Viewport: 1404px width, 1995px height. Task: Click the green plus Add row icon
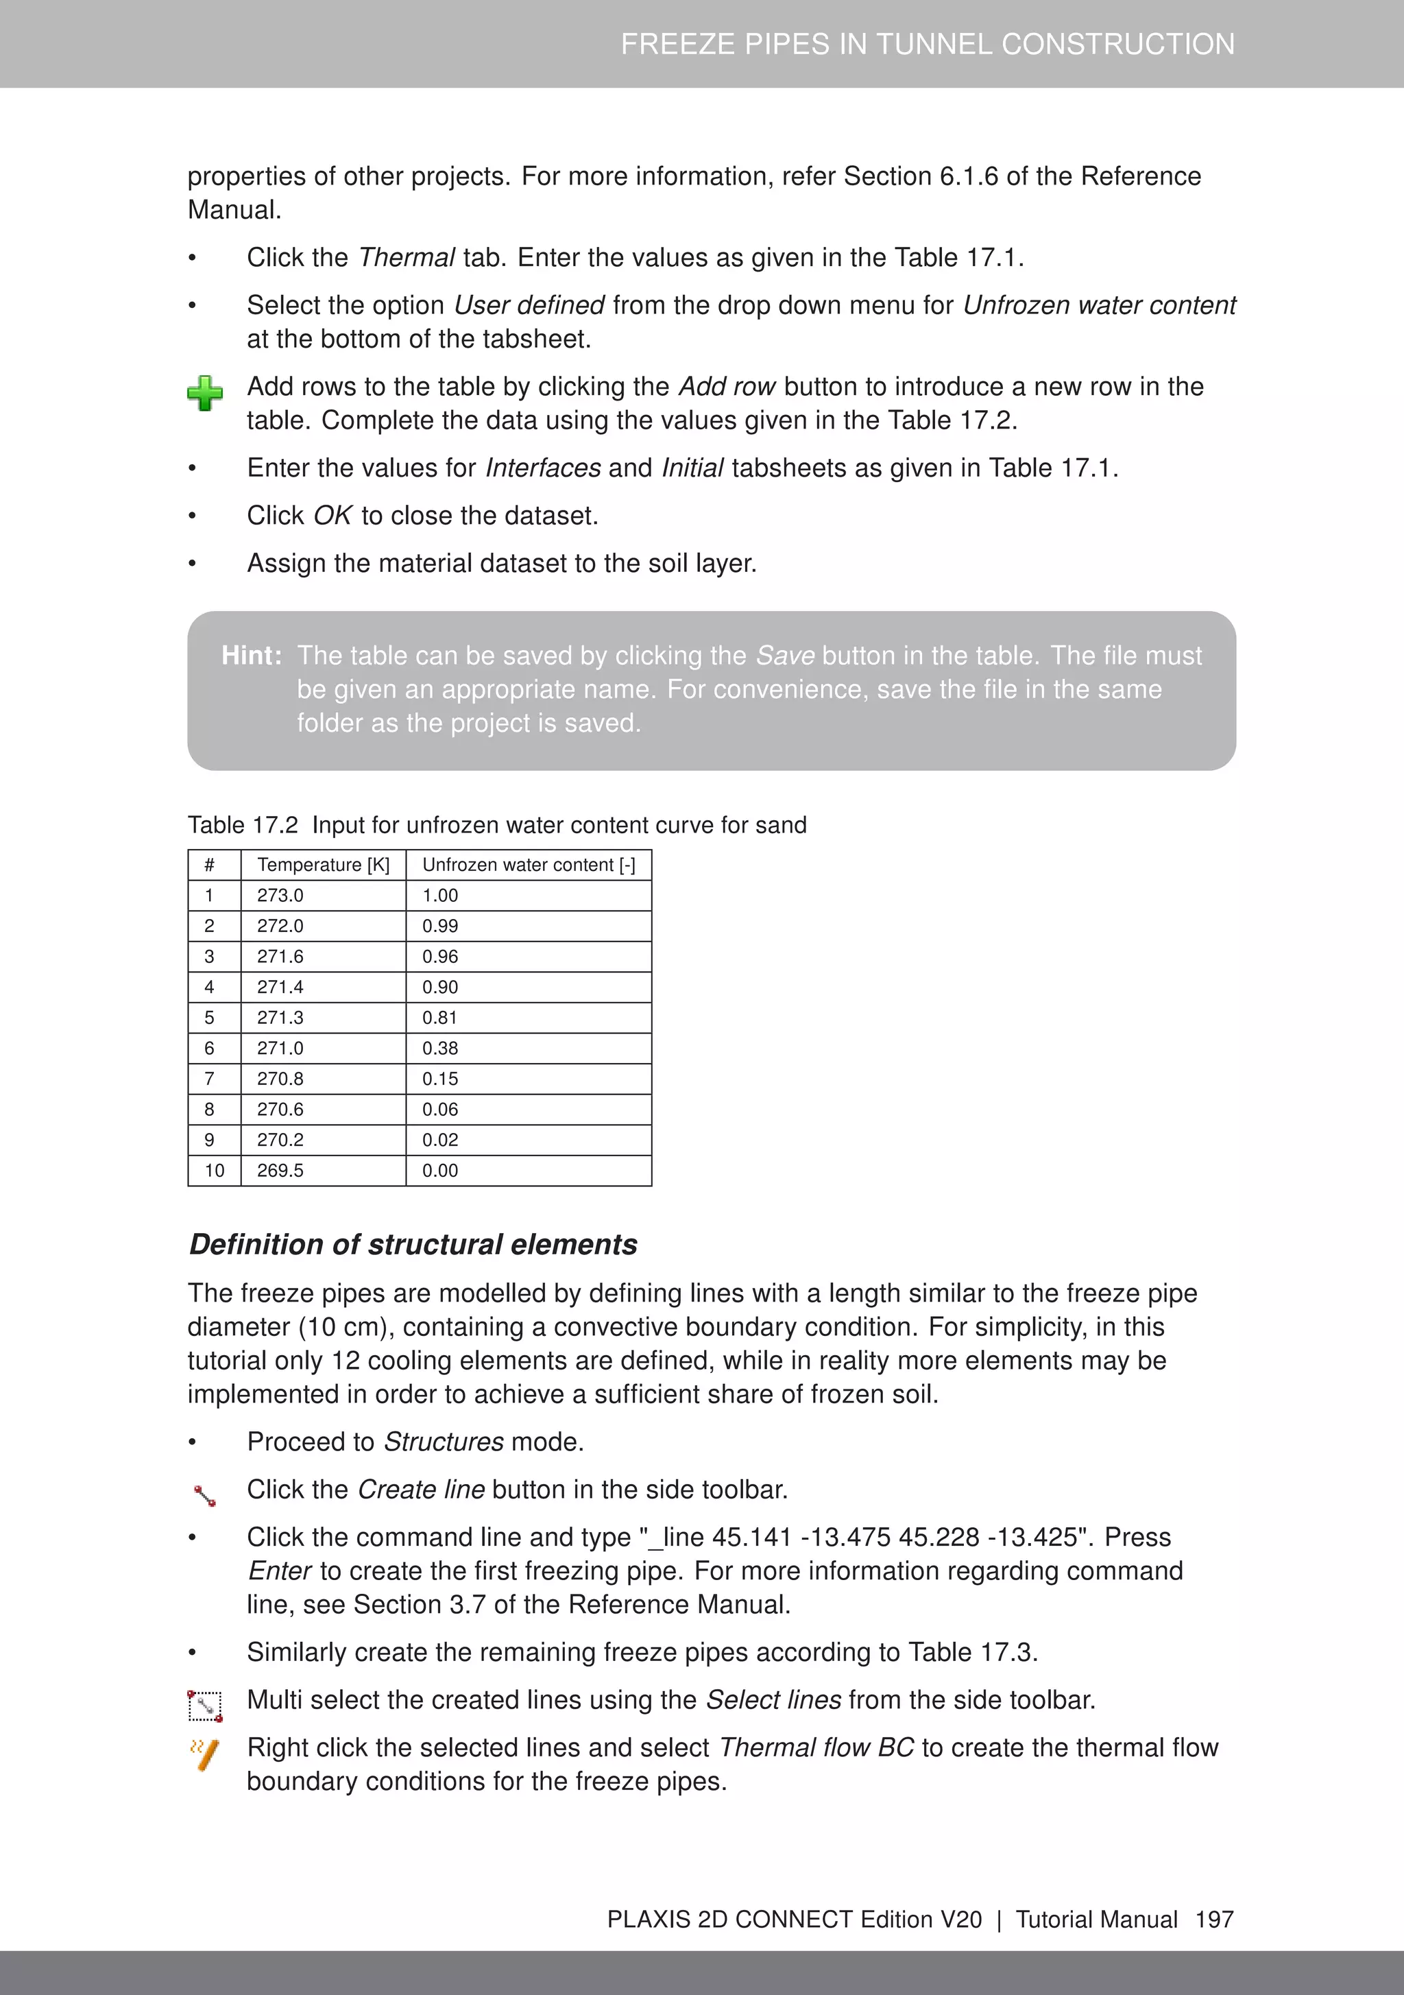(x=205, y=394)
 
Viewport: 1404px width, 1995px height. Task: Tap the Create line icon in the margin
(x=205, y=1495)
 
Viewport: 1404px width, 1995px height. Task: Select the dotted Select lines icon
(x=205, y=1706)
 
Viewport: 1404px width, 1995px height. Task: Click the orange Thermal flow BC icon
(x=205, y=1754)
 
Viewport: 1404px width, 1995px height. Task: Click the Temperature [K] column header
(x=323, y=865)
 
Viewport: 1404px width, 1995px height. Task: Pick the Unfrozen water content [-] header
(x=529, y=865)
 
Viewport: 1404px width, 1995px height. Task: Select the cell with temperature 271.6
(x=280, y=957)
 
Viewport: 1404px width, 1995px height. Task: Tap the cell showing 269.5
(x=280, y=1171)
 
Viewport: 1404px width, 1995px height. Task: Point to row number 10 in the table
(x=214, y=1171)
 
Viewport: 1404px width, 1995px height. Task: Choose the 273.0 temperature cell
(x=280, y=895)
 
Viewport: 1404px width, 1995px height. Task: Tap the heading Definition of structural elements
(x=413, y=1244)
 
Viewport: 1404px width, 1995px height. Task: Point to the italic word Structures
(x=443, y=1442)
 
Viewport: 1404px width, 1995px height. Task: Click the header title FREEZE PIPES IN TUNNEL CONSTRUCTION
(x=927, y=45)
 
